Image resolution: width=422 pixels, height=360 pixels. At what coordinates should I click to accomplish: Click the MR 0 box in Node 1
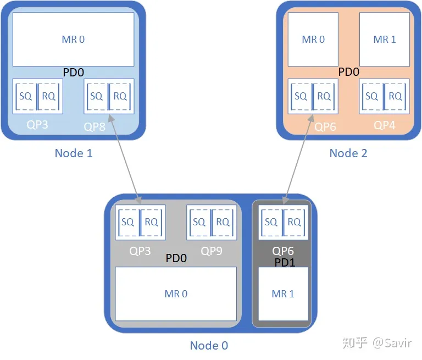(x=73, y=40)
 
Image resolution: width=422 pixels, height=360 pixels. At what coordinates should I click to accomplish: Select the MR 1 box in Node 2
(x=385, y=40)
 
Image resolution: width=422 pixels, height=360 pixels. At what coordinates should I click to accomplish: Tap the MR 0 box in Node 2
(x=313, y=40)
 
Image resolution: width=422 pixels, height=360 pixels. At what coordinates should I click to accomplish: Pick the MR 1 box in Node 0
(x=283, y=293)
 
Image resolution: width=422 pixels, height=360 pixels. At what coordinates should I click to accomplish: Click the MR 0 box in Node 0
(x=176, y=293)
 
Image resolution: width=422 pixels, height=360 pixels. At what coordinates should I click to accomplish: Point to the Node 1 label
(x=74, y=153)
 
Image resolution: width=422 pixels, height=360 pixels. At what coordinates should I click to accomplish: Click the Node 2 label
(x=348, y=153)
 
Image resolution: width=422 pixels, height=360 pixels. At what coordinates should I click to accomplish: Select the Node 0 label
(x=209, y=345)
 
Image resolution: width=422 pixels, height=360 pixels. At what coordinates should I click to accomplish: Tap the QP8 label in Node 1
(x=95, y=126)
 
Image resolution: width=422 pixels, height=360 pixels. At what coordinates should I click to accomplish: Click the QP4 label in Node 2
(x=385, y=125)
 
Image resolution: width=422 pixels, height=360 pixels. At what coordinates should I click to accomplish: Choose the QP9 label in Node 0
(x=212, y=251)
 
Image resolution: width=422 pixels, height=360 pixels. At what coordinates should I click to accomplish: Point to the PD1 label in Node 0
(x=285, y=263)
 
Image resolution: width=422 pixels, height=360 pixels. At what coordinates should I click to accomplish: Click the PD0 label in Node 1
(x=74, y=72)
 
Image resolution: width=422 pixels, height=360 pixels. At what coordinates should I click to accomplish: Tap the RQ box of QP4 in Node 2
(x=396, y=96)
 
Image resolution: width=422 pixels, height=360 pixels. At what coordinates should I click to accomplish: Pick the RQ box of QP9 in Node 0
(x=223, y=222)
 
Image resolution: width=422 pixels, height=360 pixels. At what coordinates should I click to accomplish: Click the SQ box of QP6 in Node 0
(x=271, y=222)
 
